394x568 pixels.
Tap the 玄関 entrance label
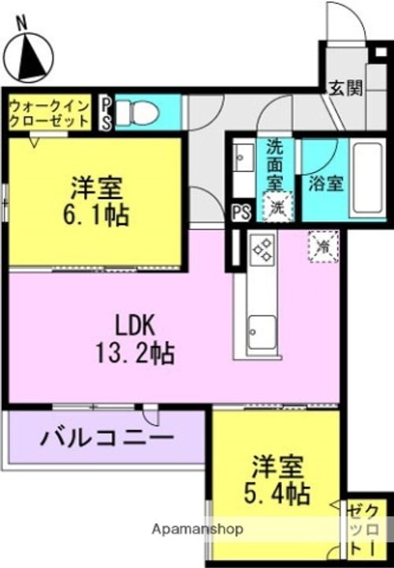345,88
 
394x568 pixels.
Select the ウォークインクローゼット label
50,114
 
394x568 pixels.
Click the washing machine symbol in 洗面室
277,208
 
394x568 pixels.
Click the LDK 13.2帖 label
136,339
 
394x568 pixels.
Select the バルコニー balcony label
106,437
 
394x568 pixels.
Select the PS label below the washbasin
241,211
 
